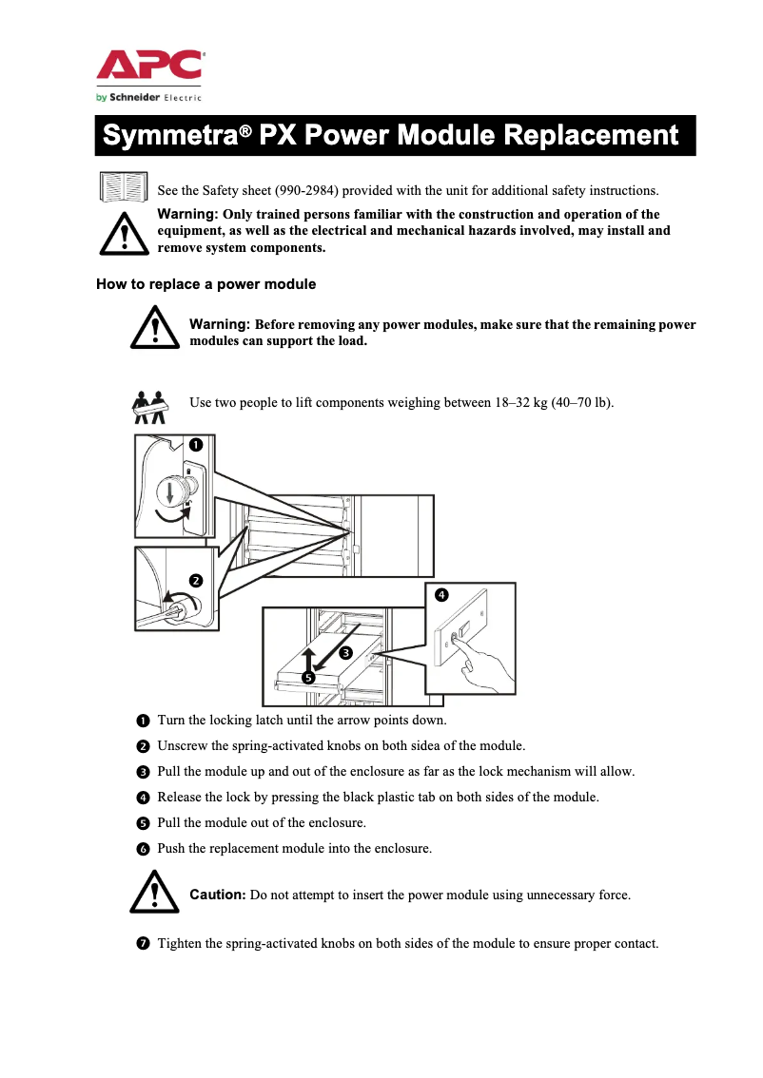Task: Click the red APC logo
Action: pos(149,66)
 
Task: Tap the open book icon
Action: pos(124,187)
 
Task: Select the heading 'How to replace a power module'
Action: pos(206,284)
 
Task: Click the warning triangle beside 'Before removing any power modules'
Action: pos(155,328)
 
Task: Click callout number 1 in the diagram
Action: pos(194,444)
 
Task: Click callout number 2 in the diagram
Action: pos(196,580)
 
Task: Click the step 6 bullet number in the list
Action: pos(142,848)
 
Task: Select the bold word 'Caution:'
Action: pos(218,895)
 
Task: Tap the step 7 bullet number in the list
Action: pos(142,944)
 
